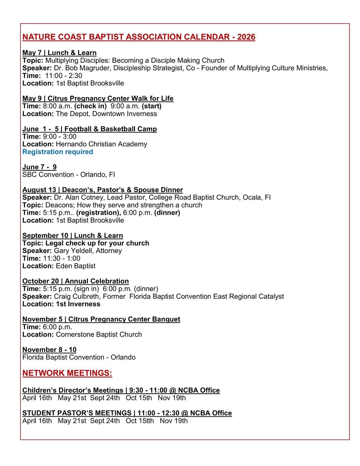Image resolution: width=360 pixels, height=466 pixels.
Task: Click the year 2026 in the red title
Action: [x=246, y=37]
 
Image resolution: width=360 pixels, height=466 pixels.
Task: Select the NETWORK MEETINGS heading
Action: [x=67, y=373]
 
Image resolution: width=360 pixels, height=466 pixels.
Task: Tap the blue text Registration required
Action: [x=58, y=152]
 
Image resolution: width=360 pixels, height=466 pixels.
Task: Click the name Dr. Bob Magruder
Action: [x=82, y=68]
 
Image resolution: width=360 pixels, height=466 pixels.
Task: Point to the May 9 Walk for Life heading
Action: [x=98, y=99]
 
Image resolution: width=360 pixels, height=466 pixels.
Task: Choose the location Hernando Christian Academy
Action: [x=101, y=144]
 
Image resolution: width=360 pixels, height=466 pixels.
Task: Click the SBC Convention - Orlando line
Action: [x=69, y=175]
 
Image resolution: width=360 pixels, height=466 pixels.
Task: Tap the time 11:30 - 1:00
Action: [x=62, y=258]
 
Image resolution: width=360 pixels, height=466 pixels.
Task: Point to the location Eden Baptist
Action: [x=75, y=266]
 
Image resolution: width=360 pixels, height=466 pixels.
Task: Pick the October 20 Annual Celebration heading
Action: [x=75, y=281]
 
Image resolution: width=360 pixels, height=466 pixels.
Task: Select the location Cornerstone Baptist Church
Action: [x=99, y=335]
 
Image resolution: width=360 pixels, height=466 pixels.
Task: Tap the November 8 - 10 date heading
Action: [x=49, y=350]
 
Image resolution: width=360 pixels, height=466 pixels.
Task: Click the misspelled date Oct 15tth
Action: [x=140, y=421]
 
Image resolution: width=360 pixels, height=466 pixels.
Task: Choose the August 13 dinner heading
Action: [x=102, y=190]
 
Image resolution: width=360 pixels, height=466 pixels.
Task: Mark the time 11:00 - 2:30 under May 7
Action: [x=64, y=76]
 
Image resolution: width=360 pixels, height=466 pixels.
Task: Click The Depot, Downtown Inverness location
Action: [x=106, y=114]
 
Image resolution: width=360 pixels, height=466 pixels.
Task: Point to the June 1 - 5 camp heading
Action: [x=90, y=129]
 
